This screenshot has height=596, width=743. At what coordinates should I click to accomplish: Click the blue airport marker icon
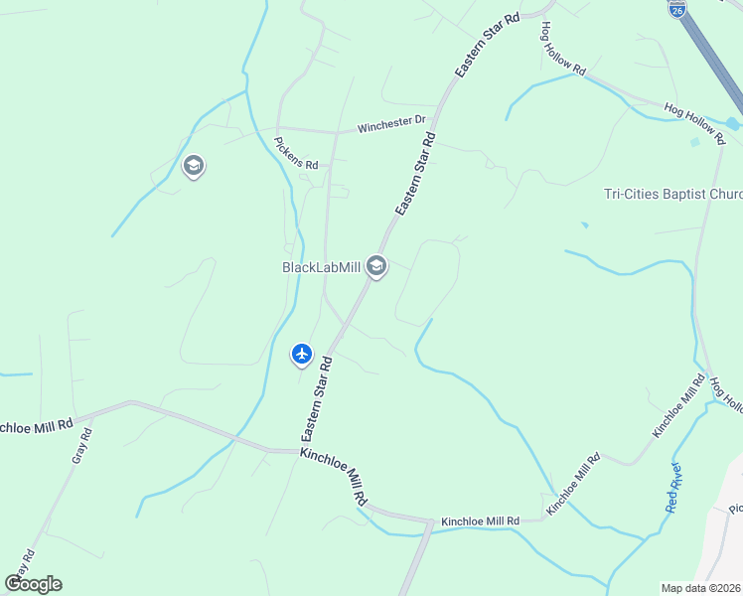(x=302, y=353)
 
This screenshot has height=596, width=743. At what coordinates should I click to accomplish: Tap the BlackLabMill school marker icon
(x=376, y=266)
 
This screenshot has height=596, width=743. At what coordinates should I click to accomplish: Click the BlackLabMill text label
(x=320, y=267)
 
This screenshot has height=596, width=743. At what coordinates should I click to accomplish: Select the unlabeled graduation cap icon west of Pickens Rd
(x=194, y=165)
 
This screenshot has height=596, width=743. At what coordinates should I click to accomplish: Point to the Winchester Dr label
(x=391, y=125)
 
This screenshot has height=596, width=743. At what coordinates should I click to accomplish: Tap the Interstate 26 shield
(x=676, y=10)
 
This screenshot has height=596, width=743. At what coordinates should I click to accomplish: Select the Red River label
(x=674, y=488)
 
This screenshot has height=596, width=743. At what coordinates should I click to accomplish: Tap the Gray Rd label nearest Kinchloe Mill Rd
(x=81, y=446)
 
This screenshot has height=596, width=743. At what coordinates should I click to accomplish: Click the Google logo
(x=33, y=584)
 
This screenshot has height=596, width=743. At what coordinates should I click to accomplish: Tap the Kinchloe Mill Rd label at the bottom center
(x=480, y=521)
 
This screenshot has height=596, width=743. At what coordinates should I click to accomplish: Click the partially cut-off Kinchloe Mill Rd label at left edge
(x=37, y=424)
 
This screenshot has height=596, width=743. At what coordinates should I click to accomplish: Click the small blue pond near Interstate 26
(x=732, y=123)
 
